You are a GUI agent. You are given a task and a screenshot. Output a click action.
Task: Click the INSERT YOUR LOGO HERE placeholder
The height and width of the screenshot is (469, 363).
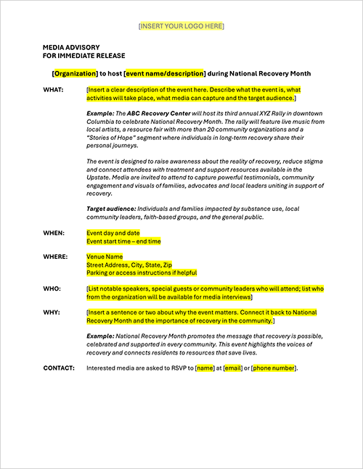click(x=181, y=26)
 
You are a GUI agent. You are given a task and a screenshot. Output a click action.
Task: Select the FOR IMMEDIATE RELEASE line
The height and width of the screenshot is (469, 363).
click(x=84, y=55)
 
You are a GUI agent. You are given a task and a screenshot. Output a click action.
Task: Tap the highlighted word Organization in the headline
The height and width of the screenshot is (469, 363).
click(x=75, y=73)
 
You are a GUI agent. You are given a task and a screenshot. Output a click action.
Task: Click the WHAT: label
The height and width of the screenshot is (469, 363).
click(x=54, y=90)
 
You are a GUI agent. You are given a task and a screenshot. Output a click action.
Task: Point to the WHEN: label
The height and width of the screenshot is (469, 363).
click(x=54, y=233)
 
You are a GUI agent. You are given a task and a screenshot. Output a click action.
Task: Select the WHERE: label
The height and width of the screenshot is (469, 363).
click(x=56, y=257)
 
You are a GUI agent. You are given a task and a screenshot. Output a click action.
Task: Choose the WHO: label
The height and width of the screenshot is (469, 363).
click(x=52, y=289)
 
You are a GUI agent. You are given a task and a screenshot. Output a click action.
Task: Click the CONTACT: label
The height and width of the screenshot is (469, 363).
click(x=59, y=368)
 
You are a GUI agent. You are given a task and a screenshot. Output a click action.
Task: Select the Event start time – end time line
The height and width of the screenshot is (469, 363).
click(x=123, y=241)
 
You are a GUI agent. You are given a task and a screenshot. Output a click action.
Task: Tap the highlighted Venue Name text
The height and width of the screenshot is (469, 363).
click(x=105, y=257)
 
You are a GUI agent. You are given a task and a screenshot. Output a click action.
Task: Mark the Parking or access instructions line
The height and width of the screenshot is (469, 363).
click(x=142, y=273)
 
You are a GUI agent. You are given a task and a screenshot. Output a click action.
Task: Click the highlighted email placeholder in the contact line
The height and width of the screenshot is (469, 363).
click(x=232, y=368)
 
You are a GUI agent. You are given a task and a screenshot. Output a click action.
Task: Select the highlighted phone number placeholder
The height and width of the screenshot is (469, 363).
click(x=274, y=368)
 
